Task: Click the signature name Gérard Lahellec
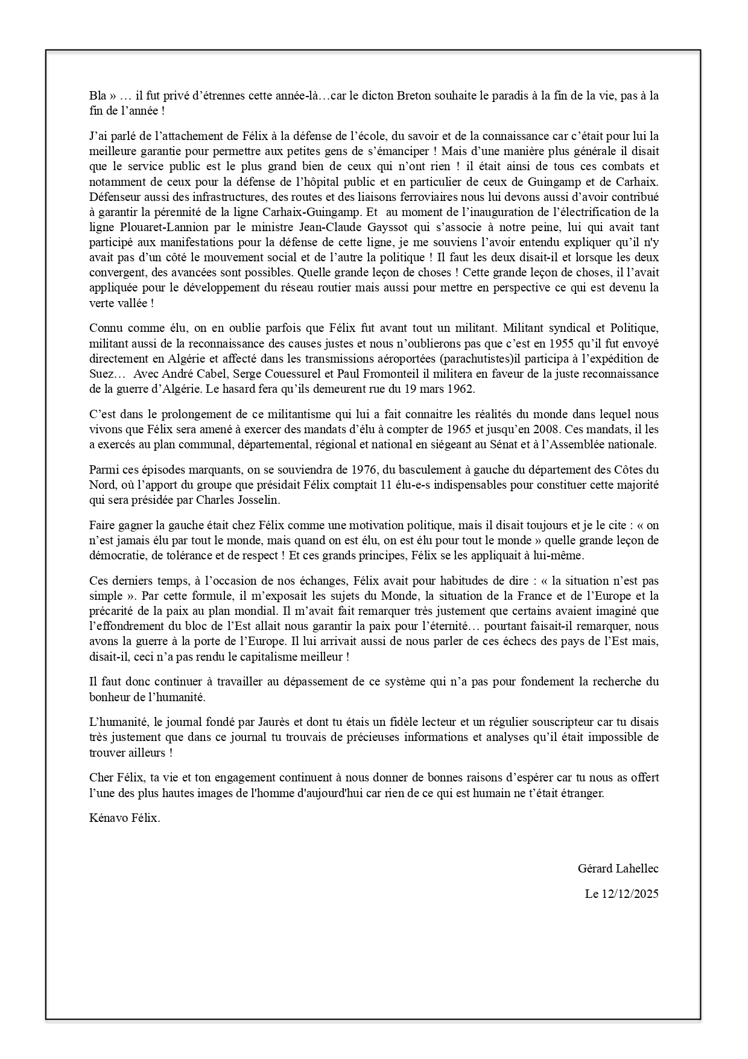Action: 618,868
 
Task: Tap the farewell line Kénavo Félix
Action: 125,818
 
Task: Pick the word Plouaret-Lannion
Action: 154,227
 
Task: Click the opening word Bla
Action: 98,95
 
